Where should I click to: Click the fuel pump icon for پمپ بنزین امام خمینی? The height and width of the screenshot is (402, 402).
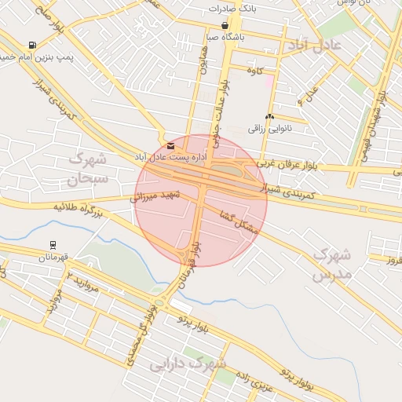[31, 46]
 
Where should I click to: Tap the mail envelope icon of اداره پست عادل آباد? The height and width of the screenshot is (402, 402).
[171, 146]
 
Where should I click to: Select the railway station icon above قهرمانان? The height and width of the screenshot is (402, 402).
[53, 245]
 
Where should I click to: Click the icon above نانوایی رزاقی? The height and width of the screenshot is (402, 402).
[269, 117]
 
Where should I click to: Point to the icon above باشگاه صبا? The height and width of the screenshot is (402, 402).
[225, 25]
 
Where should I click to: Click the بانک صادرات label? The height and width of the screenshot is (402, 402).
[233, 9]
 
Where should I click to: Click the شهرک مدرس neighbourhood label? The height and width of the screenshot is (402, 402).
[330, 265]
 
